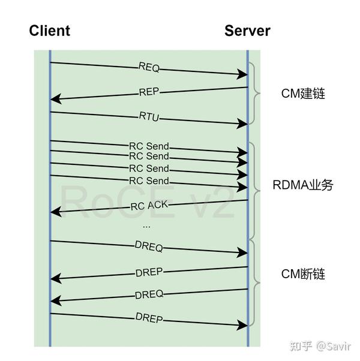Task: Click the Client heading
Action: pos(50,31)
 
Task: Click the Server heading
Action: pos(247,31)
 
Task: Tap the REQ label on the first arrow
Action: pos(149,67)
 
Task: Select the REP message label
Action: pos(149,93)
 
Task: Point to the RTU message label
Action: pos(149,118)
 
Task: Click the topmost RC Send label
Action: pos(149,146)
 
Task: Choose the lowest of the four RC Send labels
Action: pos(149,180)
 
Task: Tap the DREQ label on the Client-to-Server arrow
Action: pos(149,247)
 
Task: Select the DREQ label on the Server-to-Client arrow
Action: pos(149,294)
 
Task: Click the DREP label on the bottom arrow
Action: pos(149,318)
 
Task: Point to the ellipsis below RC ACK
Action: pos(146,227)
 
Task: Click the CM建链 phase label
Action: pos(303,94)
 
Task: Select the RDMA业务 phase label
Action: pos(302,185)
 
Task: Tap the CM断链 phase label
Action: pos(303,274)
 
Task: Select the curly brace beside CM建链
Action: pos(257,93)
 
